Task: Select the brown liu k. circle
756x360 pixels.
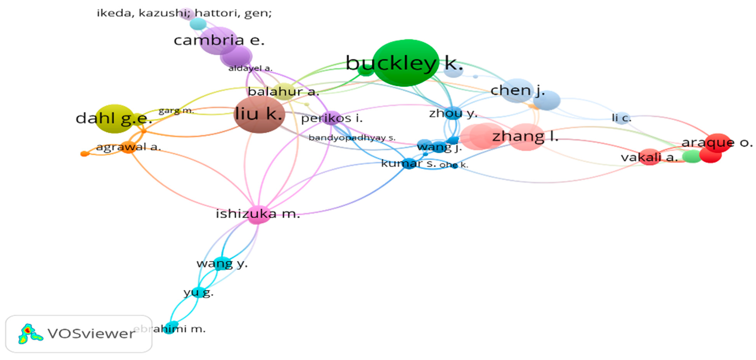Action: [x=259, y=114]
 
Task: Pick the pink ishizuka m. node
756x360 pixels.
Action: [x=258, y=215]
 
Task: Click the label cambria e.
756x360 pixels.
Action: [x=219, y=40]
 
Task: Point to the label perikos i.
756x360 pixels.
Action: [x=332, y=118]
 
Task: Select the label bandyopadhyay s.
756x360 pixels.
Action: [x=352, y=138]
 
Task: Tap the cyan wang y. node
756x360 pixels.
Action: [x=221, y=263]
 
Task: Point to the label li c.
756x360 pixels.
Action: [x=621, y=118]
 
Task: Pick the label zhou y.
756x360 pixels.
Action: [x=453, y=113]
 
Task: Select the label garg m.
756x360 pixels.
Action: [x=176, y=111]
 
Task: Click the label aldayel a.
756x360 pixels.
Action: [x=250, y=68]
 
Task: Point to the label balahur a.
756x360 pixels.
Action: [x=283, y=91]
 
